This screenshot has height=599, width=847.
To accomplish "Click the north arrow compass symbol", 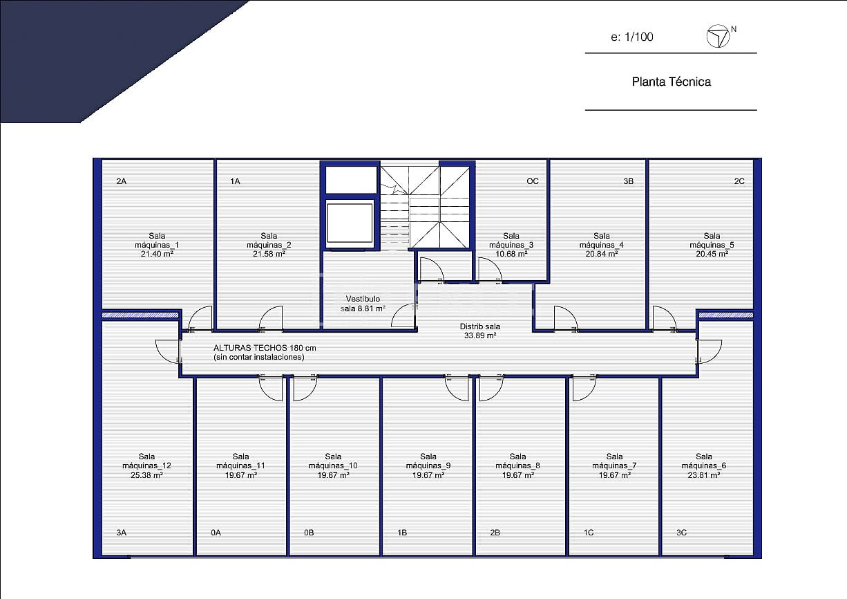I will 718,36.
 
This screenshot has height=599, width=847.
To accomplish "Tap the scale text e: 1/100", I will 631,37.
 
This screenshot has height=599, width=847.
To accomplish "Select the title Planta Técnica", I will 671,82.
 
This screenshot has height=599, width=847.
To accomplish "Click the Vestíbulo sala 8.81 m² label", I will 363,304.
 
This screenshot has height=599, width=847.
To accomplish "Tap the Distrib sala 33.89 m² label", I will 480,331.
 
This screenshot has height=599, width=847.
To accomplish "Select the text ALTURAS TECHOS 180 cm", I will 265,348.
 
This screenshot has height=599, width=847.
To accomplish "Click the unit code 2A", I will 122,181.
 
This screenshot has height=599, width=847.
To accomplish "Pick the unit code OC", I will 532,181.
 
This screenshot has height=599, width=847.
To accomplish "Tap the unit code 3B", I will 628,181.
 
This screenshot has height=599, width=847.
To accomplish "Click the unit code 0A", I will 216,533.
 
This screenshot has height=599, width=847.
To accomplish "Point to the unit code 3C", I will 681,533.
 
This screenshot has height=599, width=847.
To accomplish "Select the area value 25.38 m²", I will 146,475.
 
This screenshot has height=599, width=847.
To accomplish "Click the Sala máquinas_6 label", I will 703,461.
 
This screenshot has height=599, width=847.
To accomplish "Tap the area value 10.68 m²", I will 511,254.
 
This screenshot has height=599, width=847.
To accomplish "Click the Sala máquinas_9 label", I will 428,461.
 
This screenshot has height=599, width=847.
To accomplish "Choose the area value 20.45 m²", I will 712,254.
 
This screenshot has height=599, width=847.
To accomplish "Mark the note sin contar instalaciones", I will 259,357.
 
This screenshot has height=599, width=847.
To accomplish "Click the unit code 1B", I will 401,533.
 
